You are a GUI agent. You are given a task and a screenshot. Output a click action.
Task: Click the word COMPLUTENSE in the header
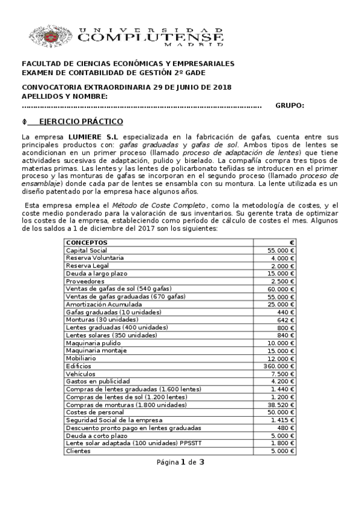(x=151, y=38)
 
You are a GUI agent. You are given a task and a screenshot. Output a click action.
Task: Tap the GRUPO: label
(x=290, y=106)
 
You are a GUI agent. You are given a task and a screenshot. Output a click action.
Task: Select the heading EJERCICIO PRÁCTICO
(x=81, y=121)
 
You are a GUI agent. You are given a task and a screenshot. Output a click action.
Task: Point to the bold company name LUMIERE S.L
(x=93, y=138)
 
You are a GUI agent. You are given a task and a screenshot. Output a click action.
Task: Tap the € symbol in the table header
(x=291, y=242)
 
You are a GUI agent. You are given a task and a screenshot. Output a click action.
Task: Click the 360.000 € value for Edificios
(x=279, y=366)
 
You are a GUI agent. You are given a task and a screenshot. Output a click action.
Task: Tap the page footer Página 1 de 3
(x=180, y=462)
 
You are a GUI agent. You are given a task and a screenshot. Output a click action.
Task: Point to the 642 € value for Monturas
(x=285, y=319)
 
